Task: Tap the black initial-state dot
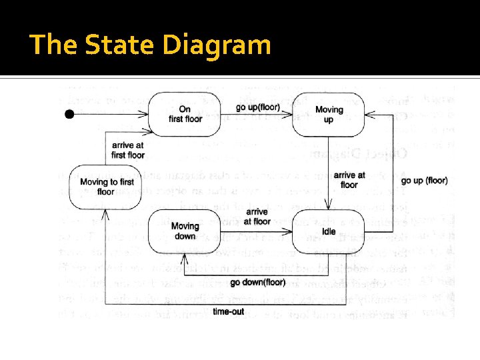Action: pos(69,115)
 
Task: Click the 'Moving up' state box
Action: pos(329,114)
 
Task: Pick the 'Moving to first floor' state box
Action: pos(107,187)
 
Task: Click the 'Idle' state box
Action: pos(329,231)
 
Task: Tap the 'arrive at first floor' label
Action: pos(128,150)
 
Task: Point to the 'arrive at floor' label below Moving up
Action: pos(349,179)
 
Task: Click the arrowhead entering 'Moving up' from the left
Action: pos(291,115)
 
